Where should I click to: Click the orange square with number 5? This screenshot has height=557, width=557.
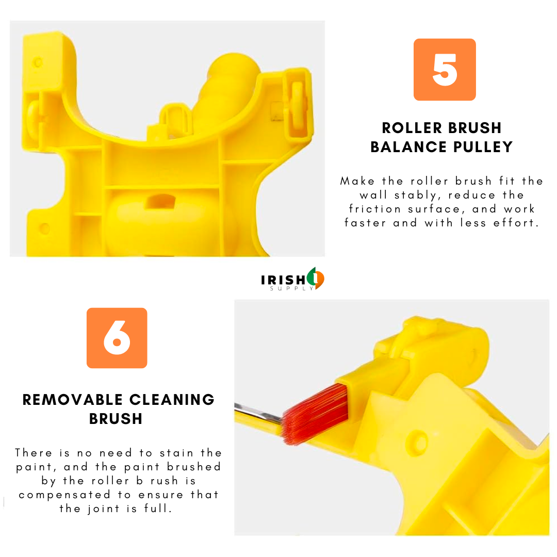pos(445,70)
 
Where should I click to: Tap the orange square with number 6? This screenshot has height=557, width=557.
pos(117,338)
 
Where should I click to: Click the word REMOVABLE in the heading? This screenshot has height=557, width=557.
pos(73,400)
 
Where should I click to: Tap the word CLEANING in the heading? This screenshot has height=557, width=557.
pos(172,400)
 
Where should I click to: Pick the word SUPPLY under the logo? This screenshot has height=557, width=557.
pos(291,288)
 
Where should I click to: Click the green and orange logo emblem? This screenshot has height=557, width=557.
pos(316,278)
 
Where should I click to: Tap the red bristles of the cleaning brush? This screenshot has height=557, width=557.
pos(315,414)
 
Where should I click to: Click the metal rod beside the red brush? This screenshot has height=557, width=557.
pos(257,412)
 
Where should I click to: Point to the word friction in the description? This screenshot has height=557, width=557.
pos(375,209)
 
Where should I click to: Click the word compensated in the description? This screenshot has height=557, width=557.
pos(64,495)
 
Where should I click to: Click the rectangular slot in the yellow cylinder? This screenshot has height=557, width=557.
pos(160,202)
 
